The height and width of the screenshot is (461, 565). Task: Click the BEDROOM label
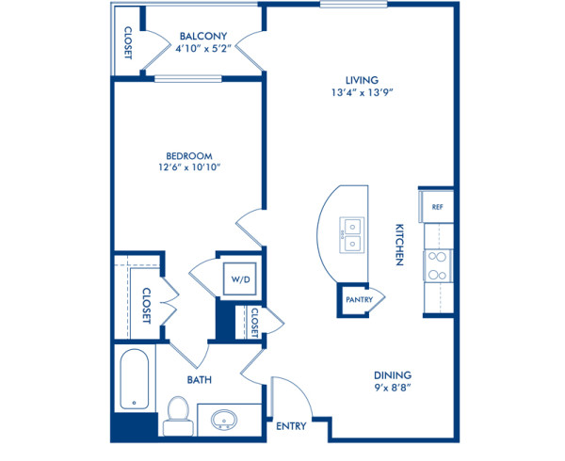[189, 156]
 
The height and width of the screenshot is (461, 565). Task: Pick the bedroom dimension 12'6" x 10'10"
[189, 170]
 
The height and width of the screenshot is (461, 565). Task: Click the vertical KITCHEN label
[399, 246]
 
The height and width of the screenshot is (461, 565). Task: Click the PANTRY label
[359, 300]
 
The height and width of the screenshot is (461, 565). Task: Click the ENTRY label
[291, 426]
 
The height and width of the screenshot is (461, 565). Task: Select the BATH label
[199, 380]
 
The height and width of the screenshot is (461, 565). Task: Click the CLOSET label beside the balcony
[126, 40]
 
